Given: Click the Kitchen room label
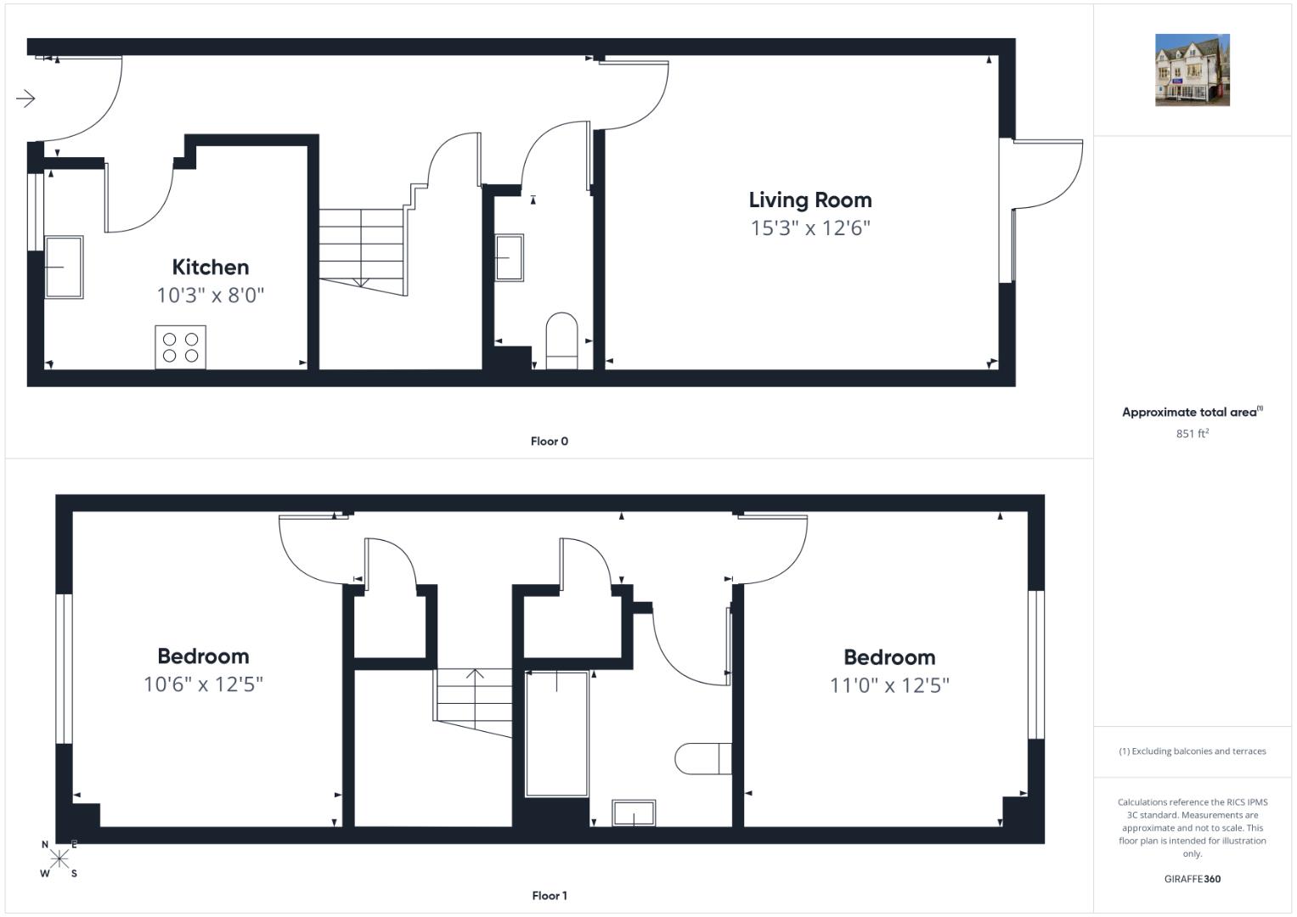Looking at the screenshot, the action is pos(211,267).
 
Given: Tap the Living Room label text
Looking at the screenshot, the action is pos(810,200).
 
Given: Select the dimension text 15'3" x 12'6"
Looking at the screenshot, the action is pos(810,228).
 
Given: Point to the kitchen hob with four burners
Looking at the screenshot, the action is pos(181,346).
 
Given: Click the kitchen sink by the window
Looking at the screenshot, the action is pos(64,267).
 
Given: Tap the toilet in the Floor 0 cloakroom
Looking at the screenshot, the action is pos(561,340).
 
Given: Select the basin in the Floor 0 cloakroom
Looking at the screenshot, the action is pos(510,257).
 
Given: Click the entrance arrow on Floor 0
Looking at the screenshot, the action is pos(25,98).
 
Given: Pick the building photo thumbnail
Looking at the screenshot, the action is pos(1193,70).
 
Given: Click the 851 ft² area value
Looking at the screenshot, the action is pos(1193,434).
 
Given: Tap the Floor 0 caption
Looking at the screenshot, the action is pos(549,442).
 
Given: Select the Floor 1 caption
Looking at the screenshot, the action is pos(549,896).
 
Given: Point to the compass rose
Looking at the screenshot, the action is pos(59,858).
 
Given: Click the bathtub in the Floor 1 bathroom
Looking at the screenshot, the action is pos(556,734).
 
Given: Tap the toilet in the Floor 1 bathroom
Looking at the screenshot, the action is pos(703,758).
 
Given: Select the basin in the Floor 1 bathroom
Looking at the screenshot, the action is pos(634,813).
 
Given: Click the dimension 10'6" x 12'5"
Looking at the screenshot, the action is pos(203,684).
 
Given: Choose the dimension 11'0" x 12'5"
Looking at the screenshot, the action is pos(889,685).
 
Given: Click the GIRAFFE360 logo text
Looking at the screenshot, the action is pos(1193,879).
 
